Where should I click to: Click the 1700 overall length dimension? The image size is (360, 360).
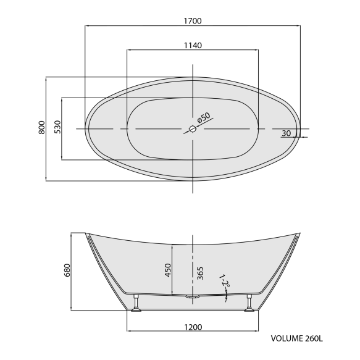pyautogui.click(x=193, y=20)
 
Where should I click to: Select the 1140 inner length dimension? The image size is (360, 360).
pyautogui.click(x=193, y=46)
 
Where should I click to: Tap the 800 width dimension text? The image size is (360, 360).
pyautogui.click(x=41, y=128)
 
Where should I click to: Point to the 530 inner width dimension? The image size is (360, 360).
pyautogui.click(x=57, y=128)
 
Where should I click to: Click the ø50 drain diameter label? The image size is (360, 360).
pyautogui.click(x=204, y=117)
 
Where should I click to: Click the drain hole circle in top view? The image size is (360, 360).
pyautogui.click(x=191, y=129)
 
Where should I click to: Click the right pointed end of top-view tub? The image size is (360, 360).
pyautogui.click(x=301, y=129)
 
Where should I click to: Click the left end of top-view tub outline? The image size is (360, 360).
pyautogui.click(x=85, y=129)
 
